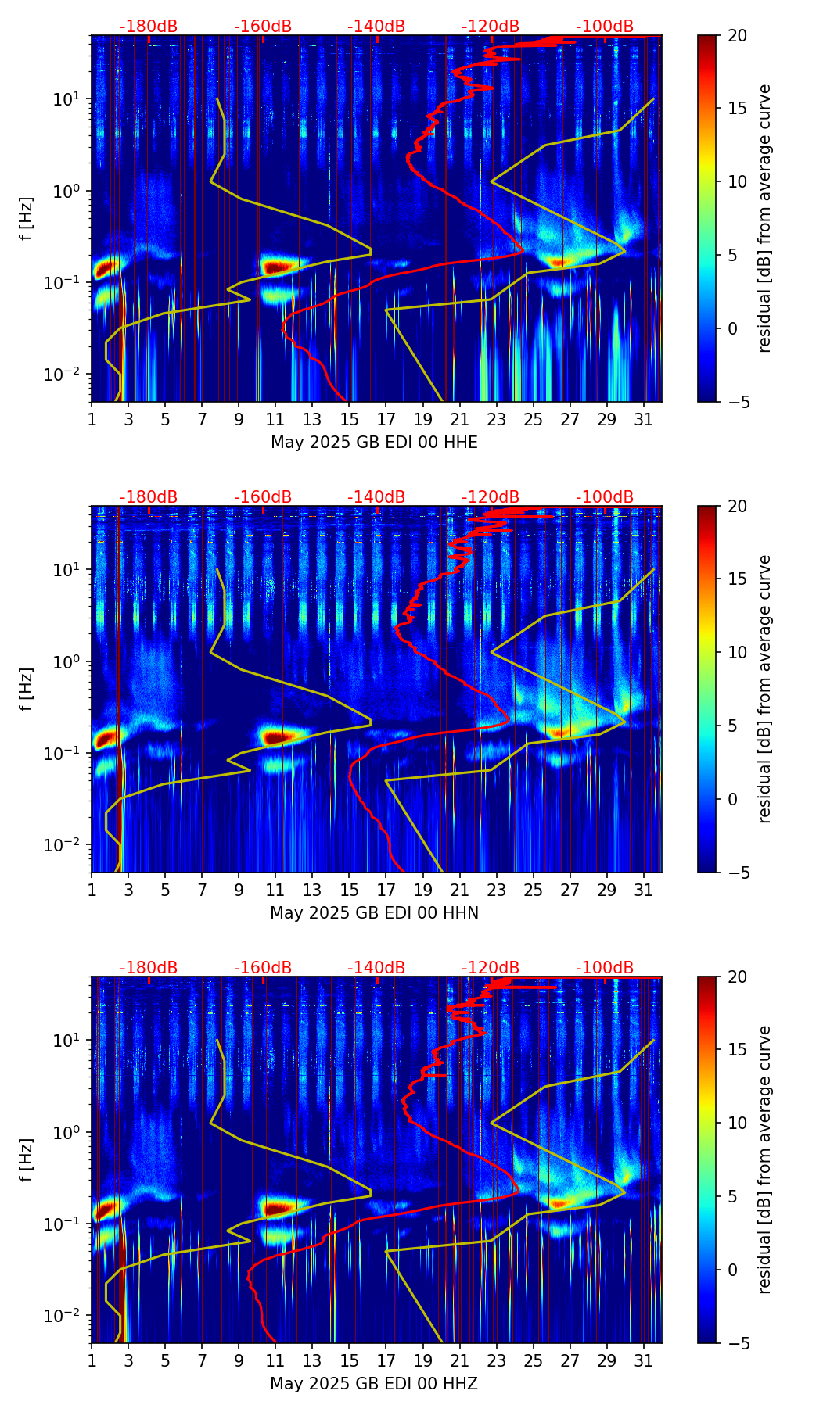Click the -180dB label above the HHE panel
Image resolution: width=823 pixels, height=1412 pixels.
click(149, 27)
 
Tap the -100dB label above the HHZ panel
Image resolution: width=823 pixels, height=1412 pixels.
click(605, 968)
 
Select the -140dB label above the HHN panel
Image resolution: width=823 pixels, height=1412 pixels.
click(376, 497)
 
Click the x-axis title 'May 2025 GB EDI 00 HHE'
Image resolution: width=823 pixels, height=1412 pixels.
click(374, 443)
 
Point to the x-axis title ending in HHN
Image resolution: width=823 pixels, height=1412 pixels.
click(374, 913)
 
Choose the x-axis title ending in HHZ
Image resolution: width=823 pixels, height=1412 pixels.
click(374, 1384)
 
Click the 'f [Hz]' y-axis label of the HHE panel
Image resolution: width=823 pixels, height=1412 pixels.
click(27, 219)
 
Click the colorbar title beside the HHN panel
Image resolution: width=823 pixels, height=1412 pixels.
click(765, 689)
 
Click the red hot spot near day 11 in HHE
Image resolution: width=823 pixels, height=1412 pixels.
click(278, 267)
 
